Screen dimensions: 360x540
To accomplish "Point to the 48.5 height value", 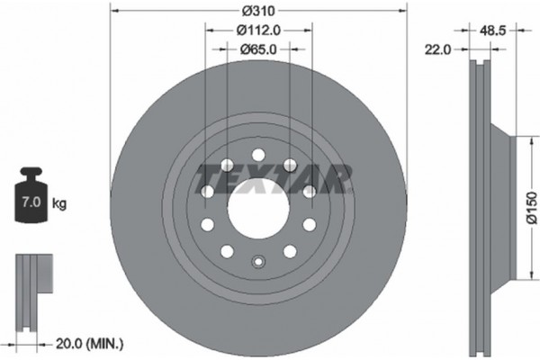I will pos(490,30).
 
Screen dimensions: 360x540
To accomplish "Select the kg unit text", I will pos(59,204).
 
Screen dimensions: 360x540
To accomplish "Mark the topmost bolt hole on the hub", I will pos(258,154).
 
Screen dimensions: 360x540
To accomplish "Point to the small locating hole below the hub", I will pos(258,264).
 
